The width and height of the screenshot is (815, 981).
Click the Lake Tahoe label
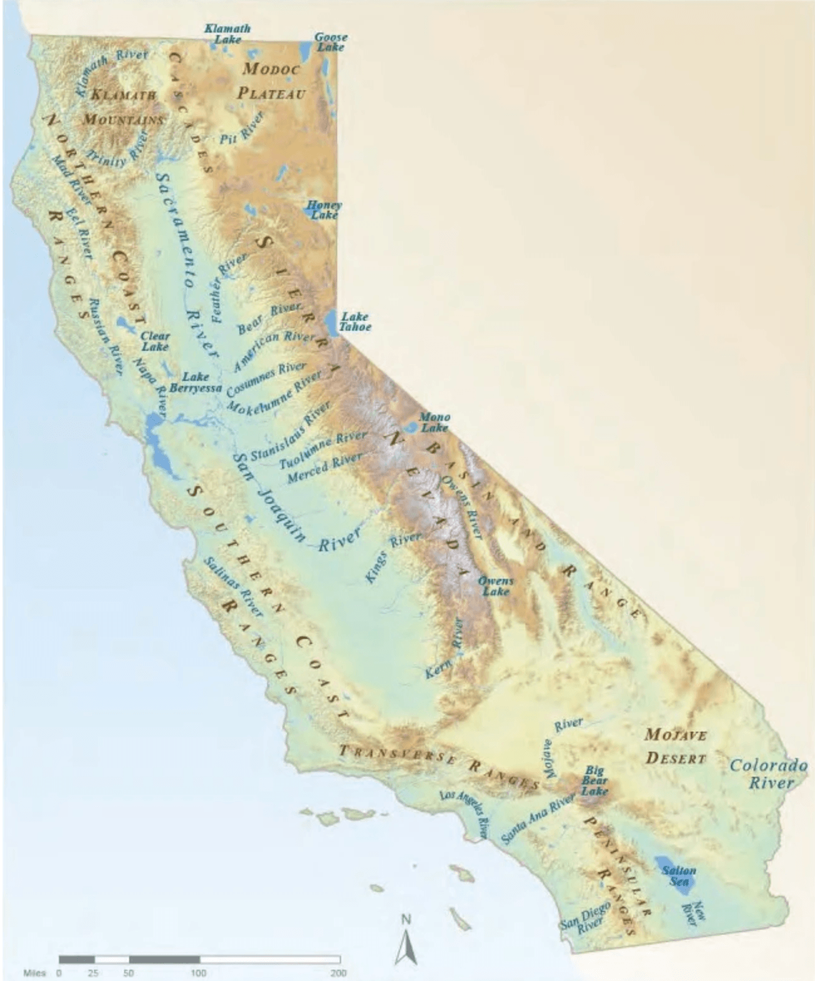(355, 321)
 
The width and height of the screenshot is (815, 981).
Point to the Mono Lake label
(434, 422)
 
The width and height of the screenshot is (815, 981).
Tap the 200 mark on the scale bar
(339, 973)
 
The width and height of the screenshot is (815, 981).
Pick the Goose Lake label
(330, 42)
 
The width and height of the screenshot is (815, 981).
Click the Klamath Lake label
(227, 33)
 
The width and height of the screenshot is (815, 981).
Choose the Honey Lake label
(325, 210)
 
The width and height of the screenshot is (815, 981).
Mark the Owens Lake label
(495, 586)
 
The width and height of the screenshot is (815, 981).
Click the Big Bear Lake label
(594, 781)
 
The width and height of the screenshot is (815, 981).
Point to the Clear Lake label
(155, 341)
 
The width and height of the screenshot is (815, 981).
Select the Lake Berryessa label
(196, 382)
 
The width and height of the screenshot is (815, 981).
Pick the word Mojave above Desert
(676, 734)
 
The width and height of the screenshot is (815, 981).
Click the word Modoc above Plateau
(271, 69)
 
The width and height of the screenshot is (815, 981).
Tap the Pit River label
(242, 128)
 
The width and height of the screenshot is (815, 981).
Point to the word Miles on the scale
(34, 973)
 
